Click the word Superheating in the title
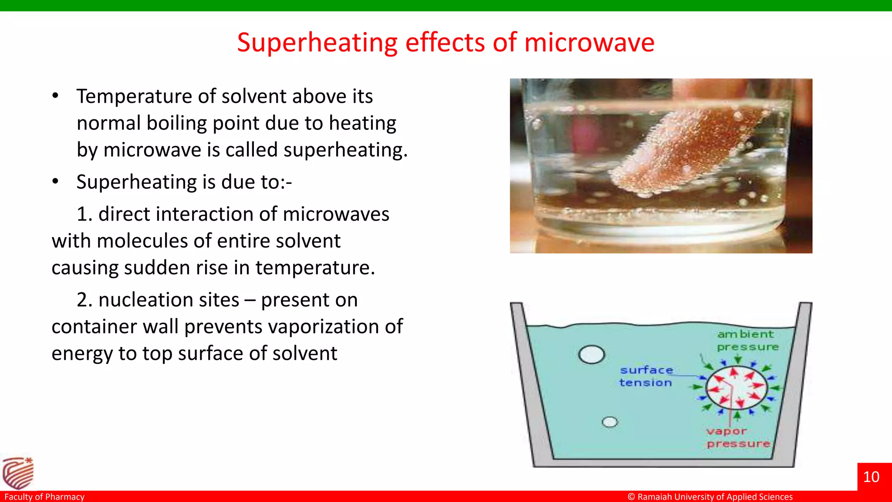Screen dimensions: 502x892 317,43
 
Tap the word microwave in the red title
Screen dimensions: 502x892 589,43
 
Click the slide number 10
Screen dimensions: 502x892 871,477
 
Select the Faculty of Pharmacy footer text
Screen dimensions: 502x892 44,497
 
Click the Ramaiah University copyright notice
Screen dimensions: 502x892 710,497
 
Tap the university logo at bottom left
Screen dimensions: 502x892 17,473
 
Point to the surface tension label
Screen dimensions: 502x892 646,376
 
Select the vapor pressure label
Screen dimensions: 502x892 738,438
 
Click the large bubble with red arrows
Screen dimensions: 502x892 736,388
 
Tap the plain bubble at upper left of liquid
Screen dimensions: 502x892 591,354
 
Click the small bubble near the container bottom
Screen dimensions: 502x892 610,422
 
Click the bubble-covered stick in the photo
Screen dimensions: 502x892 693,153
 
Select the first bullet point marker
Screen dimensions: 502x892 55,96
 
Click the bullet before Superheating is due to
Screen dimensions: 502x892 55,182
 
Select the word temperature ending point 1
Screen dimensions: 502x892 314,268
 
